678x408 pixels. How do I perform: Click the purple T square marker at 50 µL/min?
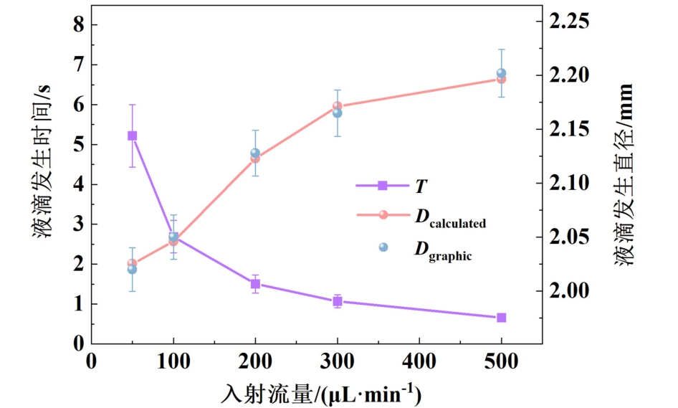pyautogui.click(x=132, y=136)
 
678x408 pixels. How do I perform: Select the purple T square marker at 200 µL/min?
pyautogui.click(x=255, y=284)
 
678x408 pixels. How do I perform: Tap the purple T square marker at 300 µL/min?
pyautogui.click(x=337, y=301)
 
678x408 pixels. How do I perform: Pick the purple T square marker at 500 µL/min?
pyautogui.click(x=502, y=318)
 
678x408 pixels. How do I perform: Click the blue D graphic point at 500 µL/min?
pyautogui.click(x=502, y=73)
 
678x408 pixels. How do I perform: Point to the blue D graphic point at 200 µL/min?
pyautogui.click(x=255, y=153)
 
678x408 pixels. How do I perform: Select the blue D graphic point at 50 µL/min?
pyautogui.click(x=132, y=269)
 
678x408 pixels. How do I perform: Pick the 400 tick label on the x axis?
pyautogui.click(x=419, y=361)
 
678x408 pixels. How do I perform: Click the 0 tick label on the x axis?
pyautogui.click(x=91, y=361)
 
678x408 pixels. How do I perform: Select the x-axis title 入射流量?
pyautogui.click(x=320, y=394)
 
